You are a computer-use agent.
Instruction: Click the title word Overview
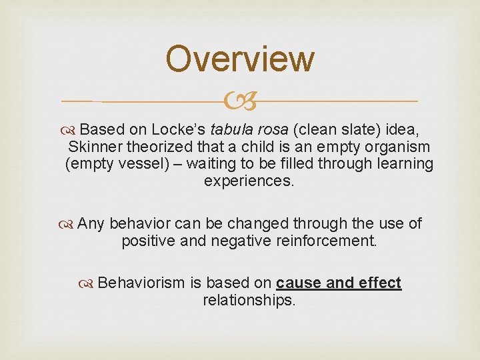(239, 59)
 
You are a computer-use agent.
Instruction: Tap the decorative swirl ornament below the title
(239, 102)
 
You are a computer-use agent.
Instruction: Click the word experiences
(249, 181)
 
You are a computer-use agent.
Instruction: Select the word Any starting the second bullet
(91, 223)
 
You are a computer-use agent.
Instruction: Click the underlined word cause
(301, 283)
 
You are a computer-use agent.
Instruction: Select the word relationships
(249, 300)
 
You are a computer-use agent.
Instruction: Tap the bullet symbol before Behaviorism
(87, 283)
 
